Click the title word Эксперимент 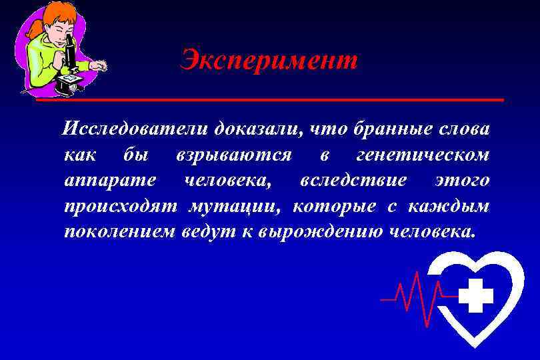269,61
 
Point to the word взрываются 233,155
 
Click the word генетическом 423,155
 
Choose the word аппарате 111,181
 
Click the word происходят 121,206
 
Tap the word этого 462,181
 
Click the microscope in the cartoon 70,60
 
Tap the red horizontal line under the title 269,100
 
